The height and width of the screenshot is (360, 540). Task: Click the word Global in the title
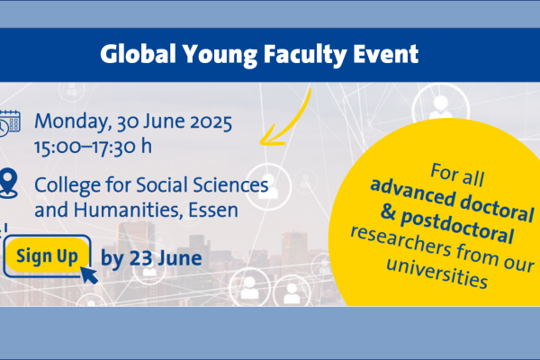pyautogui.click(x=138, y=54)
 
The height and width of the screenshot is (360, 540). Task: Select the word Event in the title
pyautogui.click(x=386, y=54)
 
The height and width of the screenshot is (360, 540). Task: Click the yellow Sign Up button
pyautogui.click(x=47, y=256)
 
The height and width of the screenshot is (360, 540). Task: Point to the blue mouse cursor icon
pyautogui.click(x=88, y=274)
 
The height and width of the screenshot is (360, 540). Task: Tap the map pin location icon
pyautogui.click(x=9, y=183)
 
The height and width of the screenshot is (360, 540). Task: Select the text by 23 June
pyautogui.click(x=151, y=258)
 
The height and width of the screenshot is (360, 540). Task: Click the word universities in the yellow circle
pyautogui.click(x=437, y=274)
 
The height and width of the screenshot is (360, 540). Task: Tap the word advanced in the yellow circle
pyautogui.click(x=412, y=194)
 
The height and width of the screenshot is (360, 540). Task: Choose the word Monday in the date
pyautogui.click(x=72, y=122)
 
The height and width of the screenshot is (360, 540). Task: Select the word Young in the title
pyautogui.click(x=220, y=55)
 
